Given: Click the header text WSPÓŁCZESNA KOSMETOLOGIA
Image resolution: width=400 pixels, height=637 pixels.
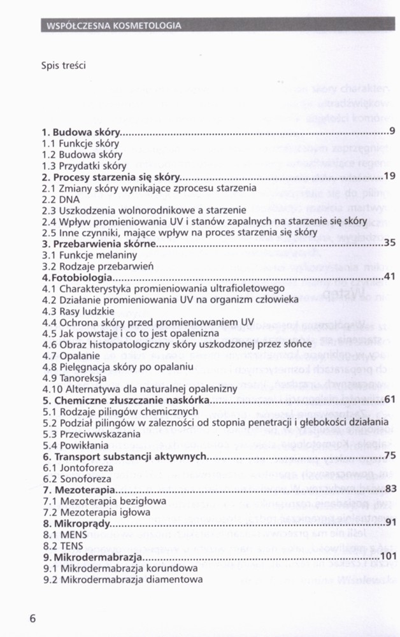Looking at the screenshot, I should pyautogui.click(x=113, y=25).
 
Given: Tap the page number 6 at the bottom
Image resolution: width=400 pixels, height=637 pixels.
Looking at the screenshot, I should pyautogui.click(x=32, y=619).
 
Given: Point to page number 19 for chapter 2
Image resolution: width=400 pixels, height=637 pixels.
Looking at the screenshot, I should pyautogui.click(x=390, y=176).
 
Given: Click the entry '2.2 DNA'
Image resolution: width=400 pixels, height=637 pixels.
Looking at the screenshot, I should pyautogui.click(x=58, y=199).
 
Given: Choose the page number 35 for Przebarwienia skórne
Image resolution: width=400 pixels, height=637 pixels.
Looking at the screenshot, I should pyautogui.click(x=390, y=243).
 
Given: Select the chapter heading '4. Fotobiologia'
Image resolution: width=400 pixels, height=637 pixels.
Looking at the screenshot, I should pyautogui.click(x=78, y=278).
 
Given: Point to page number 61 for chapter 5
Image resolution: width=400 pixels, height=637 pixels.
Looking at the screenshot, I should pyautogui.click(x=390, y=399).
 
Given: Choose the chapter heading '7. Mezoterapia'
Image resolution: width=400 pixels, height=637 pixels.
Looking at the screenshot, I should pyautogui.click(x=79, y=489).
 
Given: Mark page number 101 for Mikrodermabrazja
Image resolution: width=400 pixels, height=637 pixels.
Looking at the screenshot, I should pyautogui.click(x=387, y=557).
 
